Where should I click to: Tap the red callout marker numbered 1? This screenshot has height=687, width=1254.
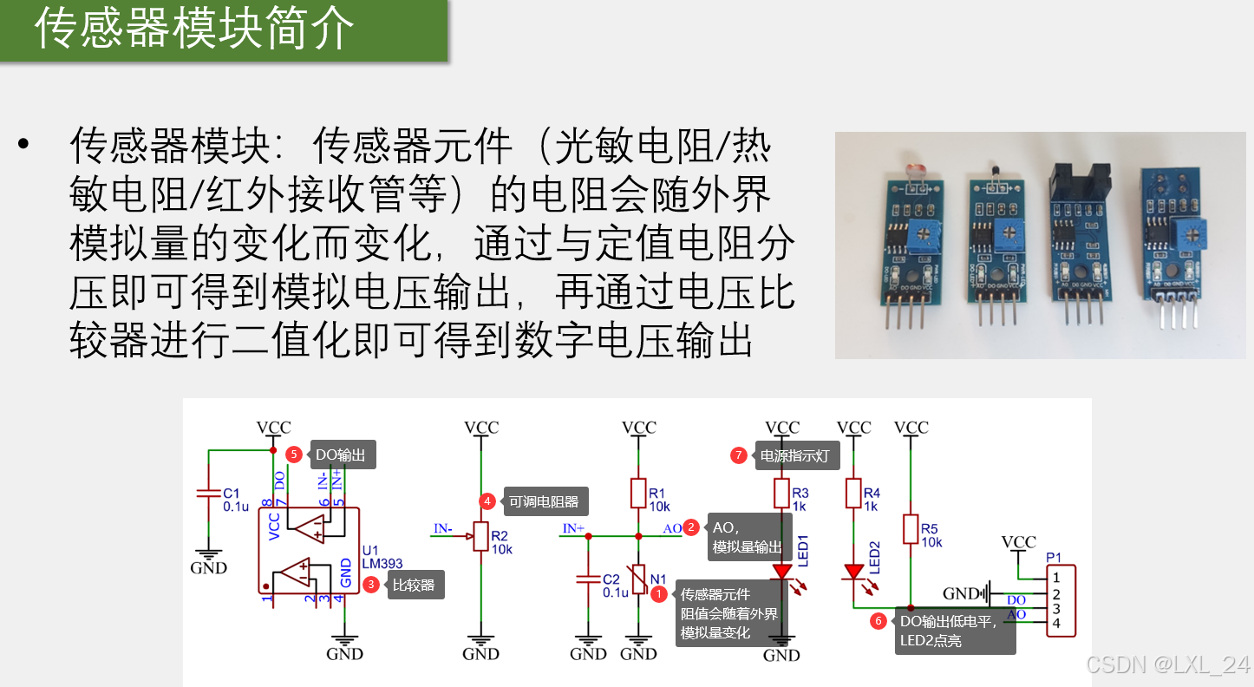point(659,594)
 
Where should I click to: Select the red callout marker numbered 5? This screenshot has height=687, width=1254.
point(294,455)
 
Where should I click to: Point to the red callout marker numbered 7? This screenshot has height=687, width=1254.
point(739,455)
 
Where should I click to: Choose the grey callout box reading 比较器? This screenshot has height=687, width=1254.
point(414,585)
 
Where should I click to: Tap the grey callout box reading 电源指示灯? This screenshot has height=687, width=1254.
point(795,455)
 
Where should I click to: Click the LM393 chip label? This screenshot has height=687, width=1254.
point(382,564)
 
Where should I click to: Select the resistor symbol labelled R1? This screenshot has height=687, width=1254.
point(638,493)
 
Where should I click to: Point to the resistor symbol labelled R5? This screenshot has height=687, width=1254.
point(911,528)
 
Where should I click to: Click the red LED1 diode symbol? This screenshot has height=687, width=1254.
point(782,572)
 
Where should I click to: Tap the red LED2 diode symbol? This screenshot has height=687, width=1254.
point(854,572)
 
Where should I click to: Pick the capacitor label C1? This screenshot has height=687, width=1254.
point(231,493)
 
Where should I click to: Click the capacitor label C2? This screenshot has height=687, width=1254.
point(611,579)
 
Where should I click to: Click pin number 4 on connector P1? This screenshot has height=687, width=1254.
point(1055,624)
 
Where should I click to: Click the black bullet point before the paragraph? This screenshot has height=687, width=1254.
point(23,144)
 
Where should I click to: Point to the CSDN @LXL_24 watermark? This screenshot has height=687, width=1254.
point(1167,665)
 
